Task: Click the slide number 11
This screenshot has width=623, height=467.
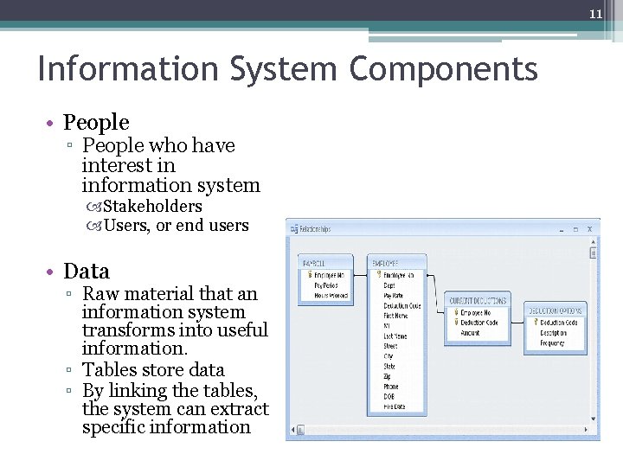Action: [x=595, y=14]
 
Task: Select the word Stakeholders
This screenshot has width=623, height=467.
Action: [x=152, y=207]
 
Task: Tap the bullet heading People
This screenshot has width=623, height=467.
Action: [x=96, y=123]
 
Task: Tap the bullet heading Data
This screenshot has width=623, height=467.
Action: [x=87, y=271]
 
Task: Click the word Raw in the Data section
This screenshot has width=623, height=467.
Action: [x=100, y=294]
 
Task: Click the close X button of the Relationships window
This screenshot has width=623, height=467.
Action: [x=589, y=229]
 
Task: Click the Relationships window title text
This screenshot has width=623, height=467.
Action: [x=316, y=229]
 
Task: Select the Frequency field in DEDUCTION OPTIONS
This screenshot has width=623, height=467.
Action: [x=553, y=343]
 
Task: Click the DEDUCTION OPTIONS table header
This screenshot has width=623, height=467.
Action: [x=555, y=310]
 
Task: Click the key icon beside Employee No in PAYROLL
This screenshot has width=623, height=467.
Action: [x=307, y=274]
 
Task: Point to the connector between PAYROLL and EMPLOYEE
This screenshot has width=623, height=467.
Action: [x=360, y=274]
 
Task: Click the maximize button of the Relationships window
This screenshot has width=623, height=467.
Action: [x=575, y=229]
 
